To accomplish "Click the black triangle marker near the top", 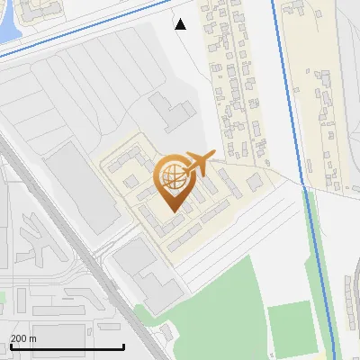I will (x=181, y=24).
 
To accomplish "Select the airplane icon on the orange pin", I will (x=199, y=162).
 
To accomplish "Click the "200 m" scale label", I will (x=23, y=338).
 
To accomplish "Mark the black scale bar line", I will (x=67, y=346).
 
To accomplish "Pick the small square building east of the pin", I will (x=255, y=182).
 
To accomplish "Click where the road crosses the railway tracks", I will (x=99, y=256).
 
